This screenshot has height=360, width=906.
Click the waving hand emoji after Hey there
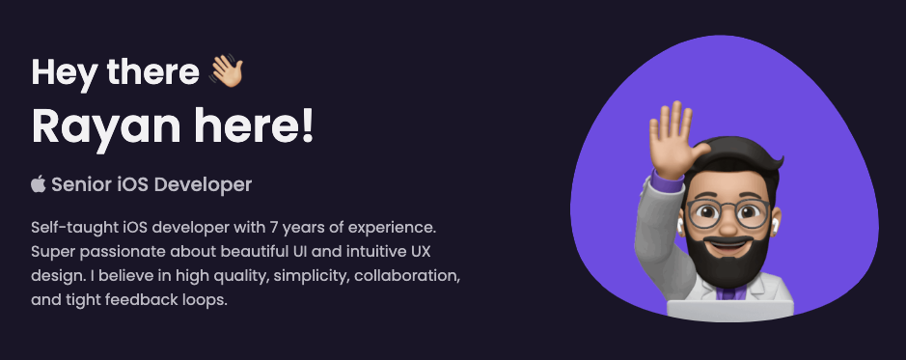(x=227, y=71)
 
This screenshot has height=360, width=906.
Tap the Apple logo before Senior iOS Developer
(x=39, y=184)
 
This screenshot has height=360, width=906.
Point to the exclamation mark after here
(x=306, y=124)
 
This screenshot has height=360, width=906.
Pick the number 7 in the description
(x=273, y=228)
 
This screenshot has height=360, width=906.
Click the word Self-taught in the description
(x=67, y=228)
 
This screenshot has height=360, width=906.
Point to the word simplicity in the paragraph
(x=312, y=277)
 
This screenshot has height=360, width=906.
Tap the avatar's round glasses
(x=728, y=213)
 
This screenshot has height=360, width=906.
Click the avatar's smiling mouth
(x=728, y=244)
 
